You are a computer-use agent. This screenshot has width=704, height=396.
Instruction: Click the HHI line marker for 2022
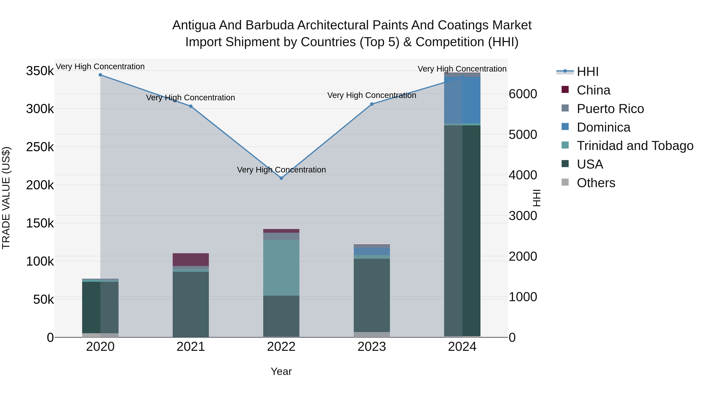(x=281, y=178)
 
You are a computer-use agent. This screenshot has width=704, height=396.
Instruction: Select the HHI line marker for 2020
(x=100, y=75)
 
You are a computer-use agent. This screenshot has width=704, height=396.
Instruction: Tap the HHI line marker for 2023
(x=372, y=104)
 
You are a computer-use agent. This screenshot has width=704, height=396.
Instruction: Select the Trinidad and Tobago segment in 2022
(x=281, y=268)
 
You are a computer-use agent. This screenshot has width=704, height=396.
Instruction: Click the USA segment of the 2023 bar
(x=372, y=295)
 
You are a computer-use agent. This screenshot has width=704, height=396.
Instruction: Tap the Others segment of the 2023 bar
(x=372, y=335)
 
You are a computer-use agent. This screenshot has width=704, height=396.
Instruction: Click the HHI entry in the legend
(x=588, y=72)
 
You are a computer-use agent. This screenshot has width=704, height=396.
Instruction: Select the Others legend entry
(x=596, y=183)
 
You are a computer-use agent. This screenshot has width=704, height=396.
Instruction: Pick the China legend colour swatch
(x=565, y=90)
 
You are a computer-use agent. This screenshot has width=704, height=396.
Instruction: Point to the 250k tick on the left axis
(x=40, y=147)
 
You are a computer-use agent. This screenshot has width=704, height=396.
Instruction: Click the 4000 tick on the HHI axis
(x=523, y=175)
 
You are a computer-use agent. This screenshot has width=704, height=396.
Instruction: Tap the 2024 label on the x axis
(x=462, y=347)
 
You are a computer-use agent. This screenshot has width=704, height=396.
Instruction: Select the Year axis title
(x=281, y=371)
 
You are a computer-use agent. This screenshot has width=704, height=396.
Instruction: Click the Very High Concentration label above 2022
(x=281, y=170)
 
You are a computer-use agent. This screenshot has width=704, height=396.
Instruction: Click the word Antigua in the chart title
(x=194, y=25)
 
